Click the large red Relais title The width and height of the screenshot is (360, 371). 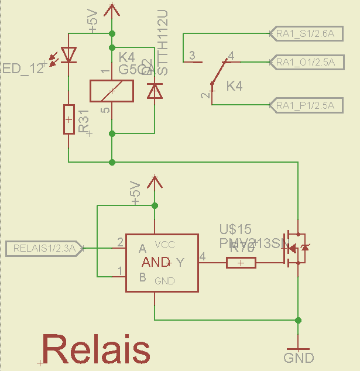point(97,350)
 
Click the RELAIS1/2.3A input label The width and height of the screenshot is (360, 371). point(44,248)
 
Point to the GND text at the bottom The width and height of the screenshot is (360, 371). point(299,358)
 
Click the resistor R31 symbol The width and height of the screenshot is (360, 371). point(69,119)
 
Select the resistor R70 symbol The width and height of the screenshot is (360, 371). point(241,263)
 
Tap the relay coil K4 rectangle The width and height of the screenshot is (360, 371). point(111,90)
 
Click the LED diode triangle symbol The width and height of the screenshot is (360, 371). point(69,55)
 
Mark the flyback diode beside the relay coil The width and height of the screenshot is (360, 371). point(155,91)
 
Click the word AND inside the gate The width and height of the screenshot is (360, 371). point(156,263)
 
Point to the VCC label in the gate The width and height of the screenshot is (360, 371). point(165,245)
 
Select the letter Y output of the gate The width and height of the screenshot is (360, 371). point(180,263)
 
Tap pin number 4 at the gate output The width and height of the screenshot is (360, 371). point(203,256)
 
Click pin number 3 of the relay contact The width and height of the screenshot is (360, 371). point(191,56)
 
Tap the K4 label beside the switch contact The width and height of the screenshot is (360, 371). point(234,86)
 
